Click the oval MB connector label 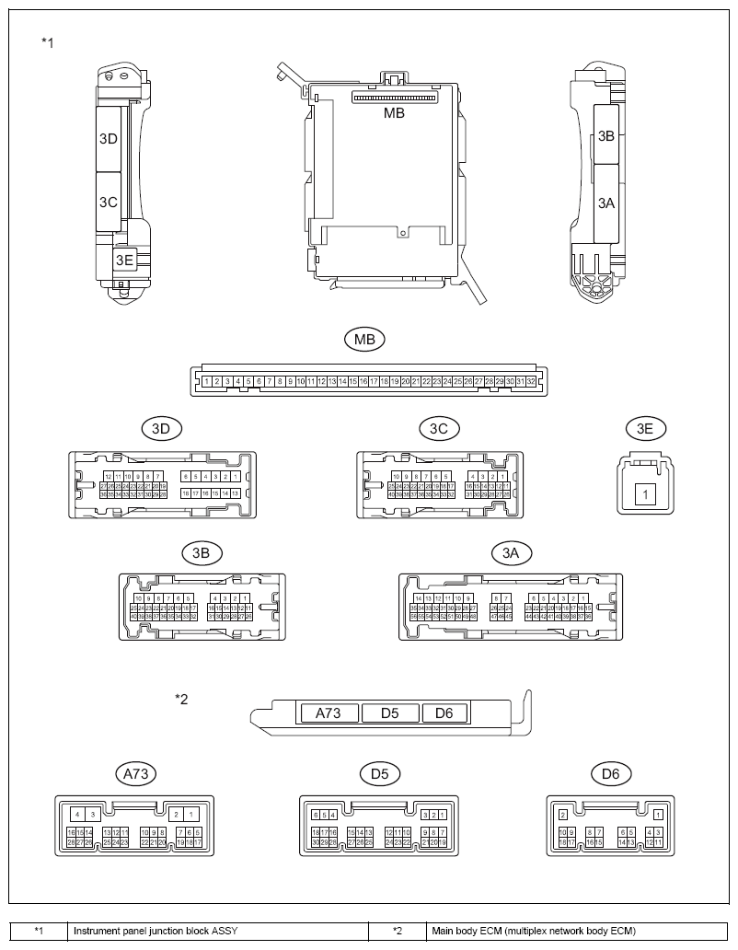[x=364, y=339]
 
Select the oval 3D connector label [x=162, y=428]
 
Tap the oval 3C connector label [x=438, y=428]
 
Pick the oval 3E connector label [x=645, y=428]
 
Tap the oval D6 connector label [x=610, y=773]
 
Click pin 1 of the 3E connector [x=646, y=495]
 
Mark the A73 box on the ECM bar [x=327, y=712]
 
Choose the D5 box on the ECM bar [x=389, y=712]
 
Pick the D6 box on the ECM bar [x=444, y=712]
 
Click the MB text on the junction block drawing [x=394, y=113]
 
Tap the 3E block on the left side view [x=123, y=261]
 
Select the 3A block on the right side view [x=605, y=203]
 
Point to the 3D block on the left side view [x=109, y=139]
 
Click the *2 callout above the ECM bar [x=181, y=699]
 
